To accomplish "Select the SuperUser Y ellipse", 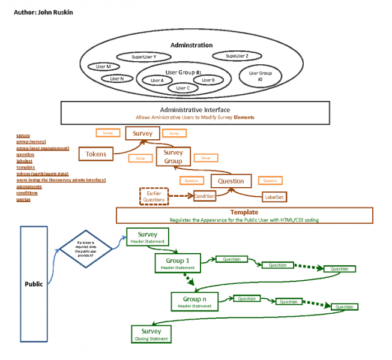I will (x=144, y=57).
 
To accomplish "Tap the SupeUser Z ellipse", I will (x=237, y=56).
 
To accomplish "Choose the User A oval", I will (x=157, y=80).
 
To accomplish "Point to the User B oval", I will (x=208, y=79).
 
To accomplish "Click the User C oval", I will (x=183, y=88).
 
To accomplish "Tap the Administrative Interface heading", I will (x=194, y=110).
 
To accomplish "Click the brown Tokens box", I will (x=95, y=154).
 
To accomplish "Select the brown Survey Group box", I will (x=173, y=157).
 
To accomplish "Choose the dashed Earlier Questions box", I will (x=153, y=196).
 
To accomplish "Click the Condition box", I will (x=204, y=196).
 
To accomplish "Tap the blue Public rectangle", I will (x=33, y=283).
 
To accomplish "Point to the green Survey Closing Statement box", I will (x=151, y=334).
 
